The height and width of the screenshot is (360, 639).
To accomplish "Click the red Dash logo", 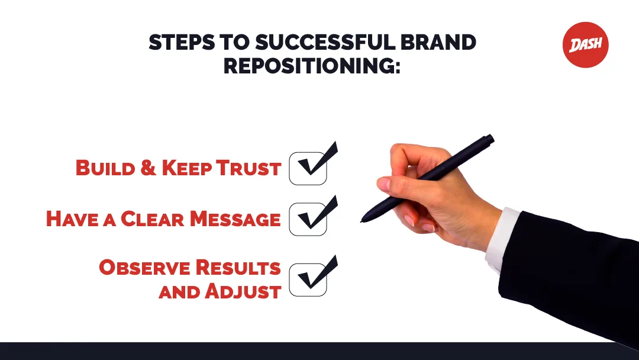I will point(585,45).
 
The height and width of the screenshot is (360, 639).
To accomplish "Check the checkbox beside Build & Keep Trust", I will point(308,168).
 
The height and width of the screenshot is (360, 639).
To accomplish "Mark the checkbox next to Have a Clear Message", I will point(308,219).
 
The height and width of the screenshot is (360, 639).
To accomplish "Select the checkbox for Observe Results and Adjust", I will point(308,279).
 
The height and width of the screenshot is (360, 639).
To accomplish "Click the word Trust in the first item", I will point(248,168).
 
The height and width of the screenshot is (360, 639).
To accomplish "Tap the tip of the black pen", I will point(362,221).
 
